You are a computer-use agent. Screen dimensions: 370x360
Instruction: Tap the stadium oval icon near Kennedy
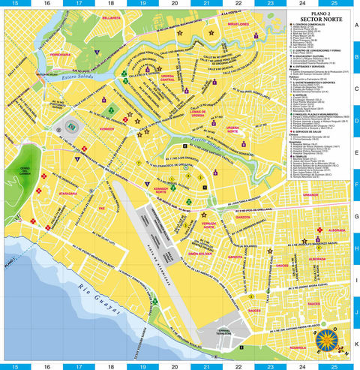click(x=72, y=126)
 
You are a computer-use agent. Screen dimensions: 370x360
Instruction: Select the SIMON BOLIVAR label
click(x=200, y=254)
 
